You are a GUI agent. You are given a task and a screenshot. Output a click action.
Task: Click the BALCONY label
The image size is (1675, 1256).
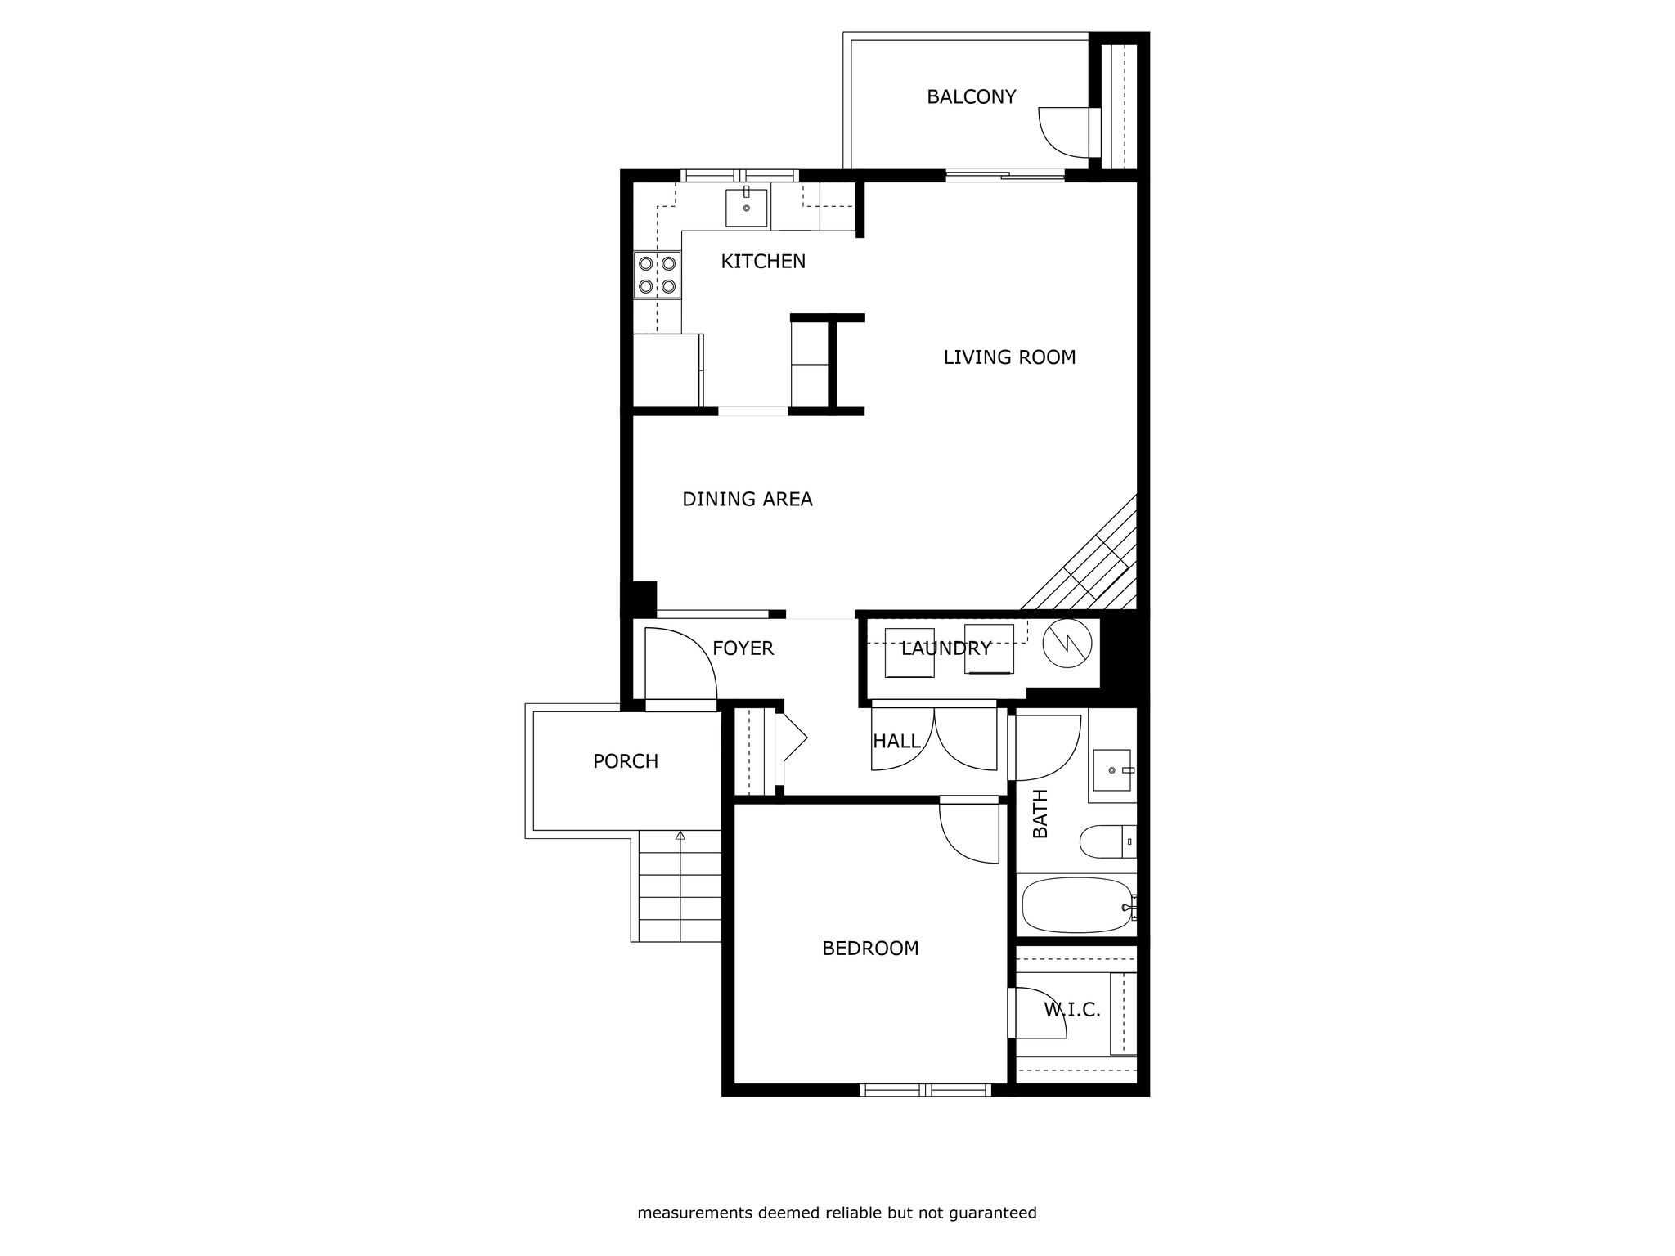[971, 96]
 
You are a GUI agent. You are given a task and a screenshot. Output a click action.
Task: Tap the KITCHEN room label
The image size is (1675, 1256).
[763, 262]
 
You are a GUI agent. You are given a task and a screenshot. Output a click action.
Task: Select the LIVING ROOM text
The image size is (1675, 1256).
[1009, 357]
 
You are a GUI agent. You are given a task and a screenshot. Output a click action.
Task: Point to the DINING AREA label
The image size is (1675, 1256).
[748, 500]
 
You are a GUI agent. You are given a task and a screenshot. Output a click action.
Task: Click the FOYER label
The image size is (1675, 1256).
[743, 648]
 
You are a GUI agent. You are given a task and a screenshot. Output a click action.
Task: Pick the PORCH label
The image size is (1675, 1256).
[626, 761]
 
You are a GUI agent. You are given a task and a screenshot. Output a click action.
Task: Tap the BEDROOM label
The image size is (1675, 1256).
[870, 949]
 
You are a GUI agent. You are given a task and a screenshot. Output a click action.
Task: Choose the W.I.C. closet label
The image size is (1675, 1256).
[1072, 1010]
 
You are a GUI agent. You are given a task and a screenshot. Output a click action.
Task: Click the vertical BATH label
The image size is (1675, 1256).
[1040, 814]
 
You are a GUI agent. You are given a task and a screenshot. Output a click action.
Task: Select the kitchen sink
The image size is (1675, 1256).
[747, 208]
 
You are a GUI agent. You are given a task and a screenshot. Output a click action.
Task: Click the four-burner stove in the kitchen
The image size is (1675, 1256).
[658, 275]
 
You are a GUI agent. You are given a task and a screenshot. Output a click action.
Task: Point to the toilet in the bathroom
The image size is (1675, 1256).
[1107, 841]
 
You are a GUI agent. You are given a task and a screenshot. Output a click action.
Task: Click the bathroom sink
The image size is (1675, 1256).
[1112, 770]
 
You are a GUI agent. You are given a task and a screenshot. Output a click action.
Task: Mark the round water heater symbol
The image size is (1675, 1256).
[1067, 643]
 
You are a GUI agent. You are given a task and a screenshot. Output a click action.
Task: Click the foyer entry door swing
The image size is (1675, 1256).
[696, 646]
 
